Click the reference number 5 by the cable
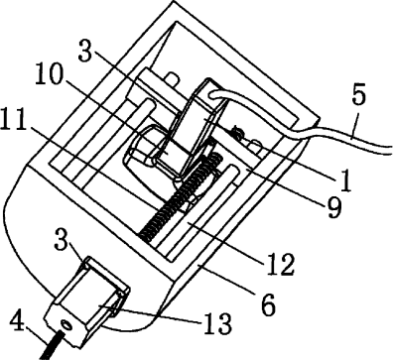[x=358, y=95]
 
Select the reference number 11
[x=13, y=119]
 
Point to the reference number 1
[x=345, y=180]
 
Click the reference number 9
[x=334, y=207]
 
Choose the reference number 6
[x=268, y=304]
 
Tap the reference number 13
[x=217, y=323]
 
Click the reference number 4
[x=17, y=321]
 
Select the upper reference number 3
[x=85, y=51]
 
